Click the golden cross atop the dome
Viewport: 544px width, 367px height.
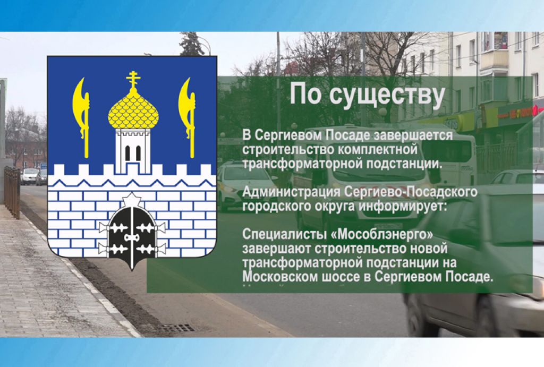click(x=133, y=80)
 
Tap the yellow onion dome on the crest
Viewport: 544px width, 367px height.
click(x=133, y=109)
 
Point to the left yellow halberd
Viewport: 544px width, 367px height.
click(x=82, y=116)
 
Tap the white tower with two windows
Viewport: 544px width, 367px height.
click(x=133, y=150)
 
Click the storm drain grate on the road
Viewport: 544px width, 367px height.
click(x=178, y=328)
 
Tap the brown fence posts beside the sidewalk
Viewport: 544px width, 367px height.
click(x=12, y=192)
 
